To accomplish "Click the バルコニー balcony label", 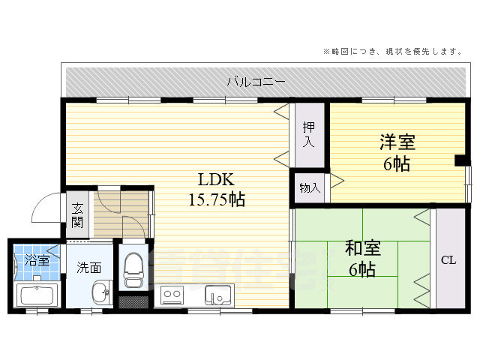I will click(256, 82).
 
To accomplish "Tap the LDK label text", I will click(217, 180).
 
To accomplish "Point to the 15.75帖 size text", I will click(217, 199).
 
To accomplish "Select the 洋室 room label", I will click(397, 141).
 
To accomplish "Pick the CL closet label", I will click(448, 260).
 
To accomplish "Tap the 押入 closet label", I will click(309, 135).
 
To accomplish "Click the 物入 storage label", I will click(309, 187).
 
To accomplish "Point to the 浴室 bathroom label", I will click(37, 260).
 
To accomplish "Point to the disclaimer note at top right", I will click(391, 51).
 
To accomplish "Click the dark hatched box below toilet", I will click(134, 302).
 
